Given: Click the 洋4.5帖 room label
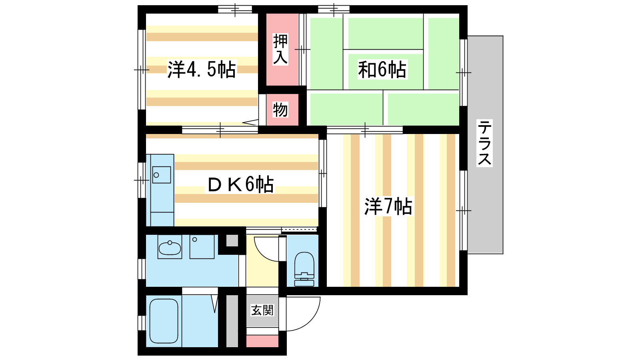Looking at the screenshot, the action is click(202, 69).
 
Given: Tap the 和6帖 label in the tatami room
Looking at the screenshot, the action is click(382, 70).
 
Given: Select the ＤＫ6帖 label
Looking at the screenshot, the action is click(240, 184).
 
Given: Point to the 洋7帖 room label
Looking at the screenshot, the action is click(388, 206).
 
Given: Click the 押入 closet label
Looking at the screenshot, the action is click(280, 49).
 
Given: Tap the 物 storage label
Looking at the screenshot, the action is click(280, 110).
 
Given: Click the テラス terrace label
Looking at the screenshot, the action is click(484, 143).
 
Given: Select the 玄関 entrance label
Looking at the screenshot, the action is click(262, 310).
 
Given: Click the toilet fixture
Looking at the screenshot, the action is click(304, 269).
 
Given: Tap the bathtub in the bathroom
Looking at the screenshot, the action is click(164, 321).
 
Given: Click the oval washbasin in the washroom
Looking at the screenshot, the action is click(170, 248).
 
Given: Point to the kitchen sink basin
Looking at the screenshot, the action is click(162, 174).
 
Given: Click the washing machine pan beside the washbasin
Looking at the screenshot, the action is click(202, 247).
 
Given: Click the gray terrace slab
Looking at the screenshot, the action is click(485, 144).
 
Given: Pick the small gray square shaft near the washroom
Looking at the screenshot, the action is click(232, 240).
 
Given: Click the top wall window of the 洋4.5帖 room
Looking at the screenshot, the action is click(235, 10).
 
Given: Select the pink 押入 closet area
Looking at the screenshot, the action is click(282, 50).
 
